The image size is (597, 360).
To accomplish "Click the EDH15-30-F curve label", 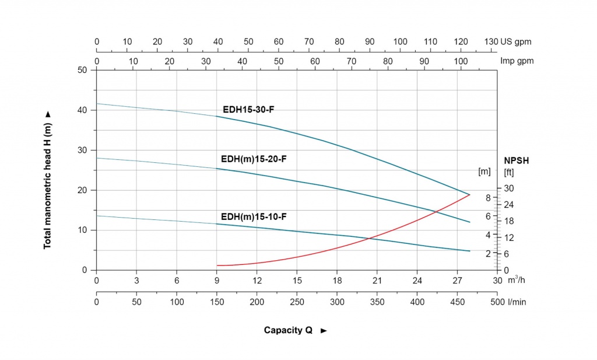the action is click(x=248, y=110).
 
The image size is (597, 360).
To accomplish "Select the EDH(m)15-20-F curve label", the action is click(x=254, y=159).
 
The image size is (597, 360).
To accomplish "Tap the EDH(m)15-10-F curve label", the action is click(x=254, y=217).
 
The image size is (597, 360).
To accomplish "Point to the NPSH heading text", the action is click(x=517, y=161).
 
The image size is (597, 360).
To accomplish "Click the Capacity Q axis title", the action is click(x=288, y=330).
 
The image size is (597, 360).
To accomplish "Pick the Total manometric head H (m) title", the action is click(x=47, y=186).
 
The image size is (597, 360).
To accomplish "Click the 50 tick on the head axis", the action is click(x=82, y=70).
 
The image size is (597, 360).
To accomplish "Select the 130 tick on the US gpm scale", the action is click(x=491, y=41).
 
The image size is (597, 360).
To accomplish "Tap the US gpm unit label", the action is click(x=516, y=42).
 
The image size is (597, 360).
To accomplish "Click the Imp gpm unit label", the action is click(x=517, y=61).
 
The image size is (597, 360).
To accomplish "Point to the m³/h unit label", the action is click(x=517, y=280).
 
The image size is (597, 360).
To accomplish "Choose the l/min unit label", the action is click(x=517, y=302).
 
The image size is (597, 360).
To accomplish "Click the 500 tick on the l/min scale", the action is click(x=497, y=302).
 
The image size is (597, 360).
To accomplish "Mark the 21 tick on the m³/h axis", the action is click(x=377, y=281).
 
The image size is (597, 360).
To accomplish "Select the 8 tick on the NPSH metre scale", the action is click(x=488, y=198).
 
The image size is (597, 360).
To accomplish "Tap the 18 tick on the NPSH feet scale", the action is click(x=509, y=221).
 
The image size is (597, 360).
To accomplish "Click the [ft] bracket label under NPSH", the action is click(x=509, y=172).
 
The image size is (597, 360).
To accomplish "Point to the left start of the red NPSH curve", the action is click(x=217, y=265).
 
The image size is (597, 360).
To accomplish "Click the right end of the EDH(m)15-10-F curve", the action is click(x=470, y=251).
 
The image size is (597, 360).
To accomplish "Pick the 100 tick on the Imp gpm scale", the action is click(x=461, y=61).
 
